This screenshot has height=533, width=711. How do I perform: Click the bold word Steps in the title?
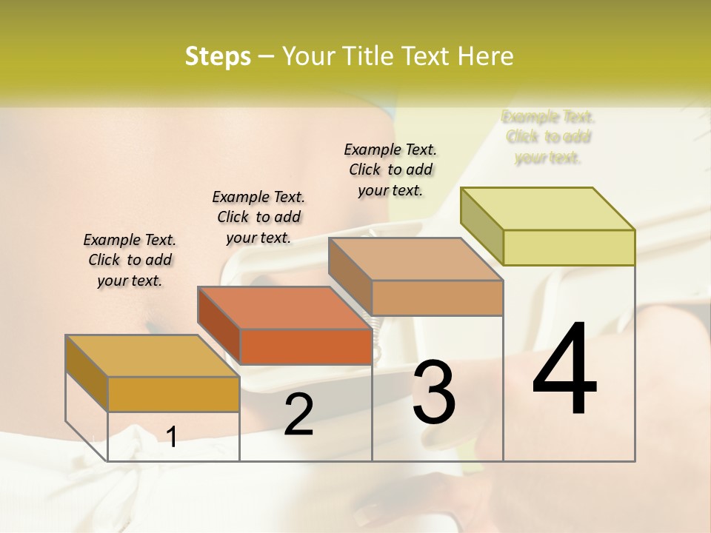coord(218,56)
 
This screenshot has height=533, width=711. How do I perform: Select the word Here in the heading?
coord(486,56)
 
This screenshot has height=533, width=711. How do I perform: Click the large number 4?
coord(564,370)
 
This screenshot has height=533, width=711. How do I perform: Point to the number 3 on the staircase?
coord(434,392)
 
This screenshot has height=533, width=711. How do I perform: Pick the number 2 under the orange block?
coord(298,415)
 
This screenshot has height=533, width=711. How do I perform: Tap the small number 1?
coord(171,438)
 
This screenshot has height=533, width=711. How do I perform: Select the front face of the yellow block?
coord(569,247)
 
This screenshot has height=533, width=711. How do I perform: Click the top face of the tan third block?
coord(415,259)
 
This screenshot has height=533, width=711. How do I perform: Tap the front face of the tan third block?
coord(437,298)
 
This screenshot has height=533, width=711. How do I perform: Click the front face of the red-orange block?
coord(306,346)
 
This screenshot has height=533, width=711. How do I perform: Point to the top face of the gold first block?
coord(152,355)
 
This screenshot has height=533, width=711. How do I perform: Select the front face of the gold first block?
coord(173,394)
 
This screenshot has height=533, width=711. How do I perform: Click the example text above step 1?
coord(130,260)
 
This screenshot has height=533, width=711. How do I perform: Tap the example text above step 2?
coord(258,217)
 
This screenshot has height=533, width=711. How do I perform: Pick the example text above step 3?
coord(390,170)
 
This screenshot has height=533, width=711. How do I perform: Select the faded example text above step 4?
coord(548,137)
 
